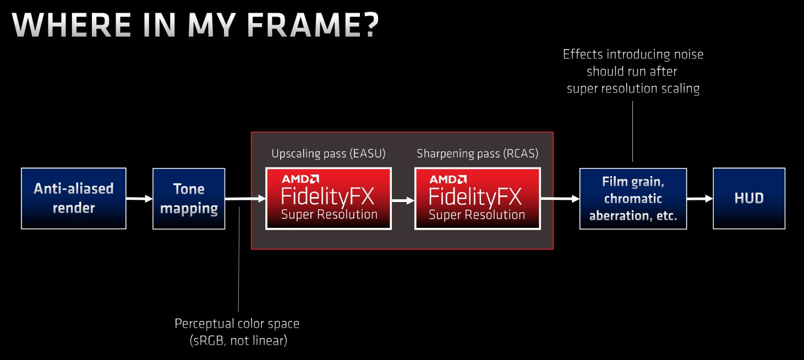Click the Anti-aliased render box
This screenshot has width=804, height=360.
tap(74, 199)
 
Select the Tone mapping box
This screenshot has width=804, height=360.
tap(189, 199)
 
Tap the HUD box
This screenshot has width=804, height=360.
tap(749, 199)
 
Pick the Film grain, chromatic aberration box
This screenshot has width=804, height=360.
tap(633, 199)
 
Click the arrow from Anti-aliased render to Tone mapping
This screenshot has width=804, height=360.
tap(140, 199)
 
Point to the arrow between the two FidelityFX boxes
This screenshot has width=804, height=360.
tap(403, 200)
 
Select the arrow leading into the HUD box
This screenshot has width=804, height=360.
tap(700, 199)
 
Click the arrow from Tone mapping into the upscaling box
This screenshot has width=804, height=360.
tap(245, 199)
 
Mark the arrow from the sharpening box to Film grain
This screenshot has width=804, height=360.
tap(560, 198)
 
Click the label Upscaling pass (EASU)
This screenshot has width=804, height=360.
tap(329, 154)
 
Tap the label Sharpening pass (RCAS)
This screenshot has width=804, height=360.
tap(477, 154)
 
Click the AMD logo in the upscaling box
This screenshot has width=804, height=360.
tap(300, 179)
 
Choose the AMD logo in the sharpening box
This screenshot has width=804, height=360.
tap(448, 179)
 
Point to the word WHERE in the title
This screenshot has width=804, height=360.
tap(72, 25)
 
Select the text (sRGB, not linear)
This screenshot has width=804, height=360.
tap(238, 340)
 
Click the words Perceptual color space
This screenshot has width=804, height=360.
tap(237, 324)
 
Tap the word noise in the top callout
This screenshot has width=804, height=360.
tap(688, 54)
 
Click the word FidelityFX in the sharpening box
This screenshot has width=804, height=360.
tap(475, 197)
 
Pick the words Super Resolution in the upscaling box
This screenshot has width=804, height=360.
tap(329, 215)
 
